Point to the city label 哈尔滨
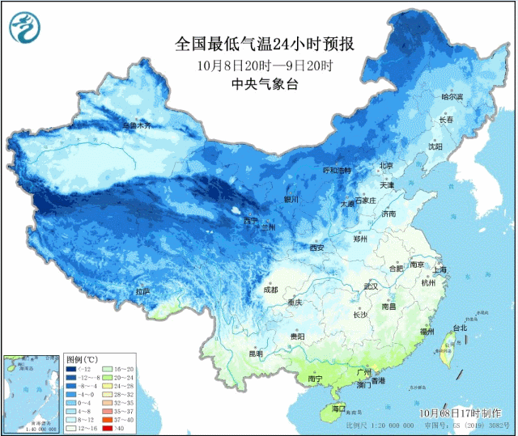click(452, 97)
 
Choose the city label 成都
click(270, 290)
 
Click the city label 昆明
click(256, 353)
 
